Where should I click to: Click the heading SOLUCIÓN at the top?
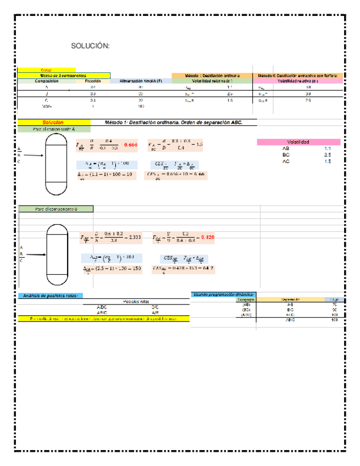(91, 46)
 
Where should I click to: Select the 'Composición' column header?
(46, 81)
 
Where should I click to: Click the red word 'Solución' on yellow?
(53, 123)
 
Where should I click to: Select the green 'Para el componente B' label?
(56, 209)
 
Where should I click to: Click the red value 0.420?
(208, 237)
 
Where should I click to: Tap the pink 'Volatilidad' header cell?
(298, 142)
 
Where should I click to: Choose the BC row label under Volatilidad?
(286, 155)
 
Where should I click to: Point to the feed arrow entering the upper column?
(33, 156)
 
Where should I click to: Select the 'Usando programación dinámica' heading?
(223, 295)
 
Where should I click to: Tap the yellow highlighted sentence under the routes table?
(104, 319)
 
